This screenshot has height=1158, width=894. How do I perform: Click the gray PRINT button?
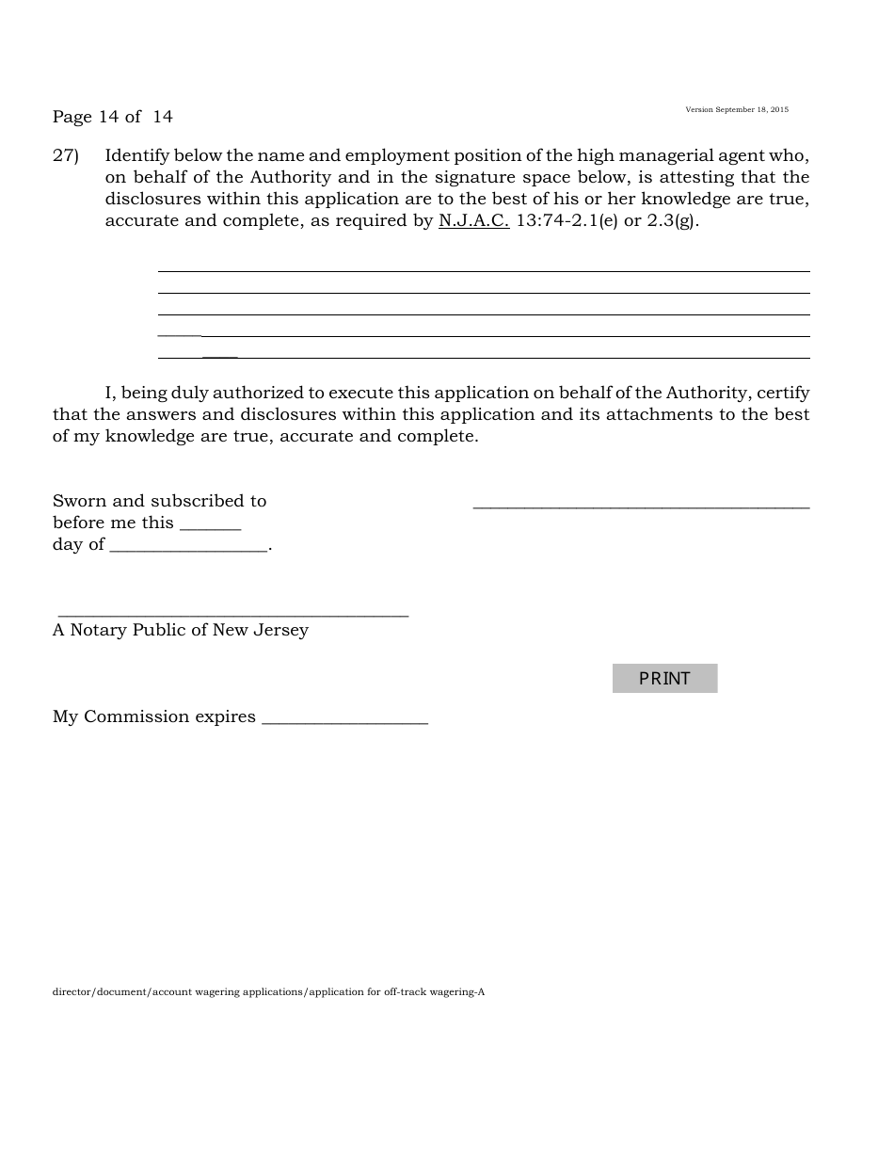click(664, 678)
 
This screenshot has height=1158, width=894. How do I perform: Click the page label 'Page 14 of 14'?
click(113, 117)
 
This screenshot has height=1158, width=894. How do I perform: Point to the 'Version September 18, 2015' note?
click(737, 110)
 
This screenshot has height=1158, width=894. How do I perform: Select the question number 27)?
click(66, 155)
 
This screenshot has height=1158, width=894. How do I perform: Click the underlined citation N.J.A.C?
click(473, 221)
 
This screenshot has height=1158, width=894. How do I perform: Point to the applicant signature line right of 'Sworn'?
click(641, 507)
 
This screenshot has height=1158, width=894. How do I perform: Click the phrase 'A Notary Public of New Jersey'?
click(181, 630)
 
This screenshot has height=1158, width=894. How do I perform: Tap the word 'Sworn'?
click(80, 501)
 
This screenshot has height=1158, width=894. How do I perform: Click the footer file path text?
click(268, 991)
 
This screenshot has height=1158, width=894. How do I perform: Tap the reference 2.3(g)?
click(672, 221)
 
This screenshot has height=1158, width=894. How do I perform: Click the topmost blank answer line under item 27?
click(484, 270)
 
